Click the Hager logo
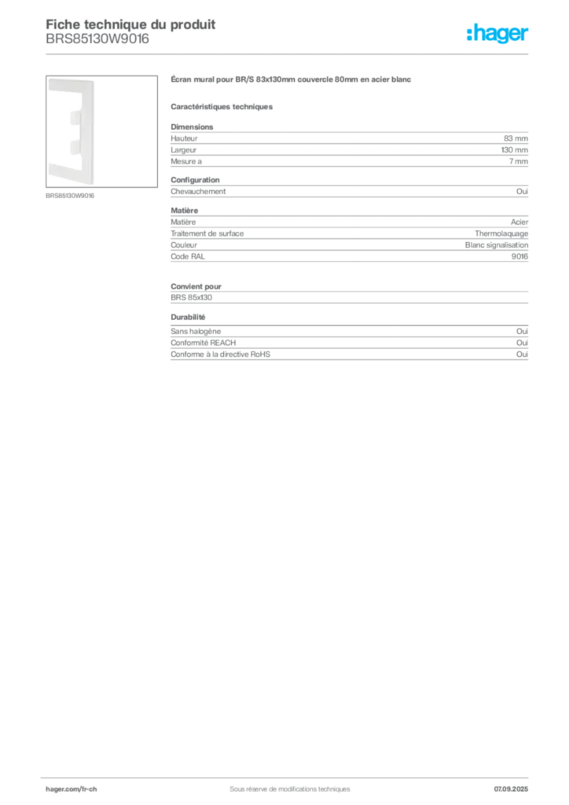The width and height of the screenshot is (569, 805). point(497,33)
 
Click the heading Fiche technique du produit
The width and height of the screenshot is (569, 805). point(130,24)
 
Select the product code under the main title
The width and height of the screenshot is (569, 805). point(97,39)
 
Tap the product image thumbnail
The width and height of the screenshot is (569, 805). point(101,131)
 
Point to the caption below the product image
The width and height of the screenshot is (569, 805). point(70,196)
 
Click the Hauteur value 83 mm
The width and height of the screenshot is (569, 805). point(516,138)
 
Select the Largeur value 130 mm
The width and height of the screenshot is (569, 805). point(514,150)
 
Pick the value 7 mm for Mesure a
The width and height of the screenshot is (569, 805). point(518,161)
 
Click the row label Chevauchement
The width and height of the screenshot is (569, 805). point(198,192)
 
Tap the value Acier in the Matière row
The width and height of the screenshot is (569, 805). point(519,222)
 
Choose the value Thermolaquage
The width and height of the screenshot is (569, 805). point(501,233)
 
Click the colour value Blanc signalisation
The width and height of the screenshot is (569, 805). point(497,245)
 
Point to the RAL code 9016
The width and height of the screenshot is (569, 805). point(519,256)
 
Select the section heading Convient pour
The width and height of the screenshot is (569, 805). point(196,286)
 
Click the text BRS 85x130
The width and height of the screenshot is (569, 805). point(192,297)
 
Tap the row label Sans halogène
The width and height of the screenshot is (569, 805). point(196,332)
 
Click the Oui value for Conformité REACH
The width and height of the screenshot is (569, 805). point(522,343)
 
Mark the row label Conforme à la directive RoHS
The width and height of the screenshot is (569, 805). point(220,355)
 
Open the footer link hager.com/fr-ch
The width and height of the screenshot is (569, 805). point(71,789)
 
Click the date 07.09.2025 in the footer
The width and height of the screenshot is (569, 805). point(511,789)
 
